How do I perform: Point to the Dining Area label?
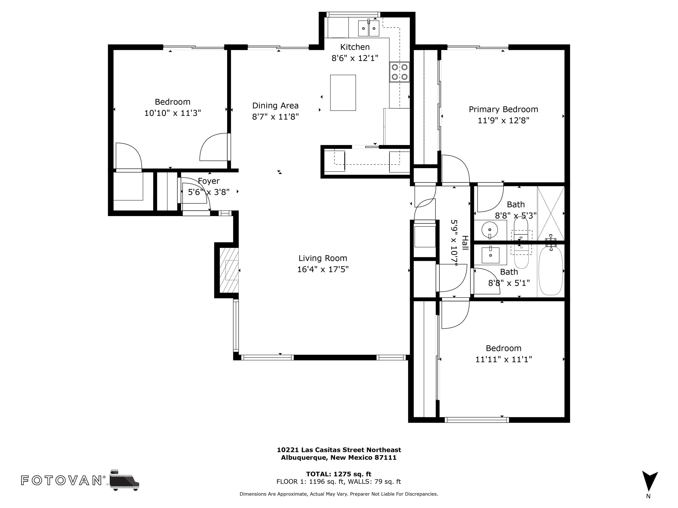pos(275,106)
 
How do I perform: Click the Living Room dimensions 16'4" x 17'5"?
pos(323,269)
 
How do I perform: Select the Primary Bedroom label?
pos(503,109)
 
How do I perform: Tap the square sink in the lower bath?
pos(490,255)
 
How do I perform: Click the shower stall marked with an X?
pos(551,213)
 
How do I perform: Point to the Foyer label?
pos(209,181)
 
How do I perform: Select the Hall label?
pos(465,243)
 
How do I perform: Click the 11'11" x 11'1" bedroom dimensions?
pos(503,359)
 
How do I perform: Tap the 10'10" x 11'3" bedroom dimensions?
pos(173,113)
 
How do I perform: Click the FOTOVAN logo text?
pos(61,480)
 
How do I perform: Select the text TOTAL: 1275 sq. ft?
pos(339,474)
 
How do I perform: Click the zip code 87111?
pos(385,457)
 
